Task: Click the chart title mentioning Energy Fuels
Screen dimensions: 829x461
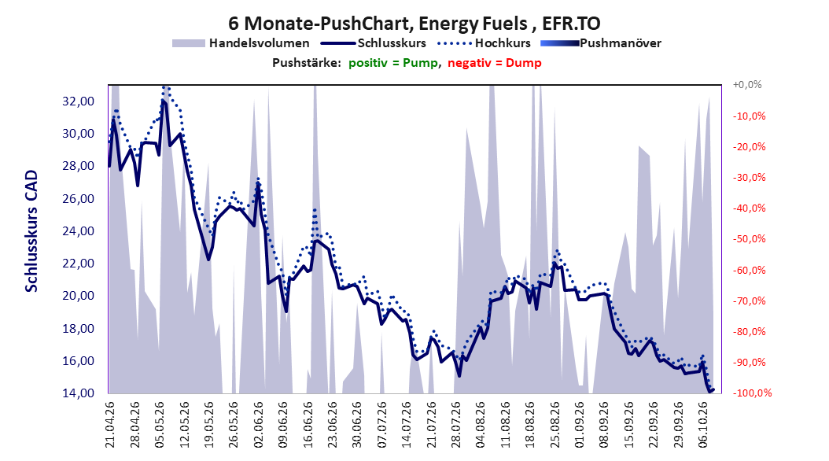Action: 414,24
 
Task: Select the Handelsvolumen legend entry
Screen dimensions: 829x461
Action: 241,43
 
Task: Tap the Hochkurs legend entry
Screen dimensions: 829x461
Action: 484,43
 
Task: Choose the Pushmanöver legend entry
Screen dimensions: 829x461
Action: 601,43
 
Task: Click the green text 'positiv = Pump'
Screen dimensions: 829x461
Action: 393,63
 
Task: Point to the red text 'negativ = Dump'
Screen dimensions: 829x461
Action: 495,63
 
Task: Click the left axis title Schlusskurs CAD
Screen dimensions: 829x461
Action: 31,231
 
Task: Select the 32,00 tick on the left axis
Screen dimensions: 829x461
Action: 78,101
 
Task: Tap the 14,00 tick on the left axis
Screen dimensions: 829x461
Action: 78,393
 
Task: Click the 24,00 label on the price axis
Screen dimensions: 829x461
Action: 78,231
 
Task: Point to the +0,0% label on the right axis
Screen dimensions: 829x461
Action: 747,85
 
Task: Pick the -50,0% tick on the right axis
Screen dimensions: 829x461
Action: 749,239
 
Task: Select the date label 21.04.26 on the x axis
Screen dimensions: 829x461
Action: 110,425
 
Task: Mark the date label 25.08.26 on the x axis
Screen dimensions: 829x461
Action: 555,425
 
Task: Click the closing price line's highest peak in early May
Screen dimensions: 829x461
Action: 163,101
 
